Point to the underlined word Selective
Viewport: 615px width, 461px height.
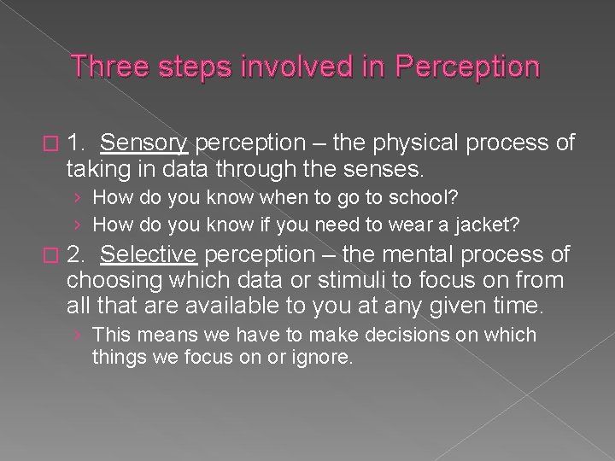pyautogui.click(x=149, y=254)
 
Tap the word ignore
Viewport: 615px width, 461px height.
pyautogui.click(x=320, y=358)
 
